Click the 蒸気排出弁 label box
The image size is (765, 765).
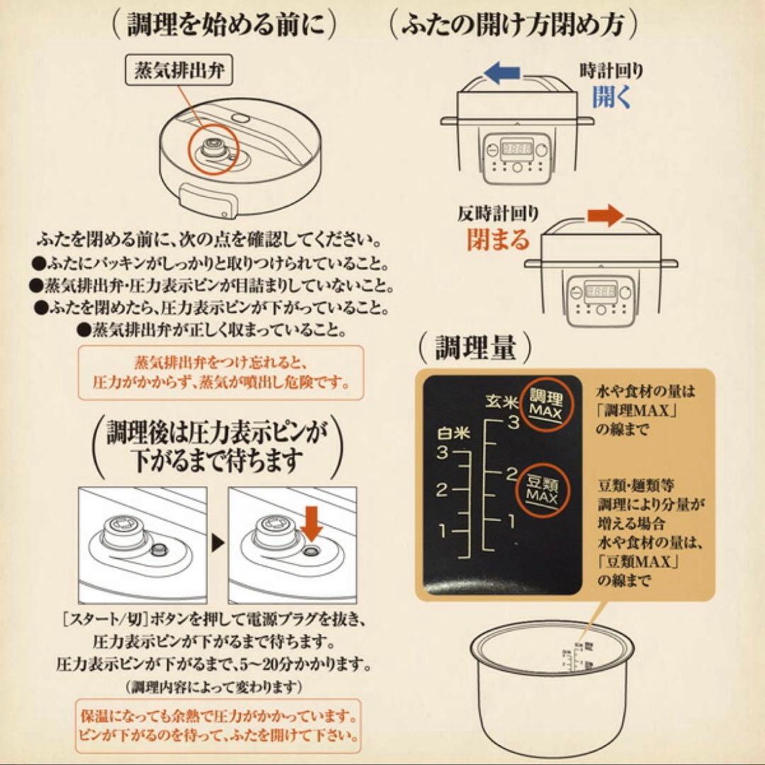point(178,72)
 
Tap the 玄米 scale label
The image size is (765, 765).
point(501,400)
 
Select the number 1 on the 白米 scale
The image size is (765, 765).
point(443,530)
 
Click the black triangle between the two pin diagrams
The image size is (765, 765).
point(218,544)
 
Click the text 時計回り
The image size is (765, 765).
point(612,71)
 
